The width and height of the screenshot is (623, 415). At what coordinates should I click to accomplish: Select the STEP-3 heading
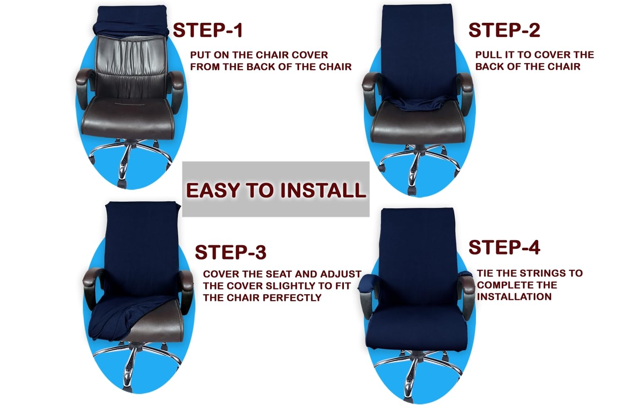pos(231,252)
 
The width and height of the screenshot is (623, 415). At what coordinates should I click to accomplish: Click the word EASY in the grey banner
pos(213,190)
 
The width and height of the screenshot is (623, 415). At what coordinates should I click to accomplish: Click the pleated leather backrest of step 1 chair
pos(131,67)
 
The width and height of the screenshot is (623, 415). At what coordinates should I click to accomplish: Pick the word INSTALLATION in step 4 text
pos(514,297)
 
